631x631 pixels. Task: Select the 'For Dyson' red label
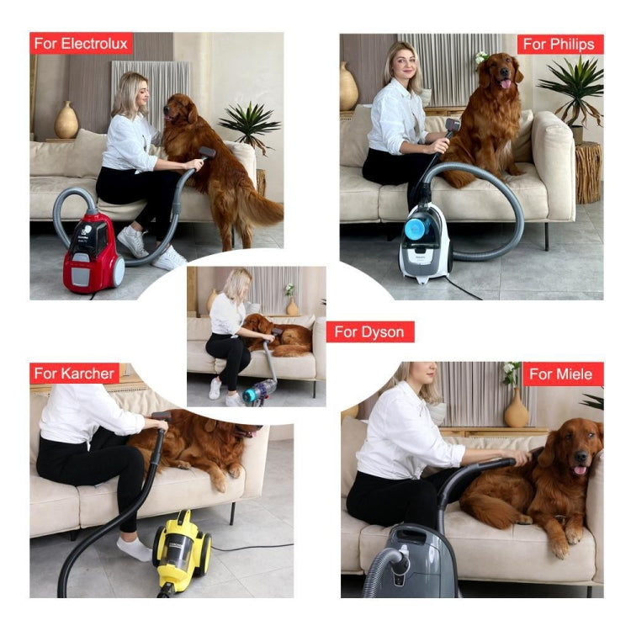tap(369, 331)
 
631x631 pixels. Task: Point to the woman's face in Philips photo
tap(403, 65)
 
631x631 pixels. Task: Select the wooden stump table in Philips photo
tap(588, 172)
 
